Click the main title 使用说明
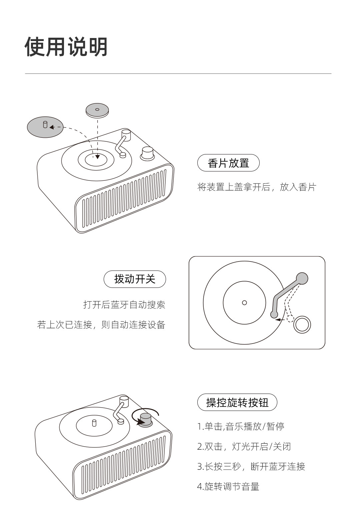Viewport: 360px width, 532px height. click(x=66, y=47)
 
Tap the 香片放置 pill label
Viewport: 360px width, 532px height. click(x=228, y=163)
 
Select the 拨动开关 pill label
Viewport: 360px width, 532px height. click(x=135, y=279)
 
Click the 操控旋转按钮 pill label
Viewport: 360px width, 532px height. click(x=237, y=403)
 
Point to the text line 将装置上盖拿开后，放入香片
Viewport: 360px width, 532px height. click(x=256, y=187)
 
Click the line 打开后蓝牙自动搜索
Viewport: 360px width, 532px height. click(x=124, y=305)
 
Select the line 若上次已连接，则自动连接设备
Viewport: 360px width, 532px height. click(x=101, y=325)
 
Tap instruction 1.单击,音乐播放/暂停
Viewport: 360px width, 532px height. click(x=240, y=426)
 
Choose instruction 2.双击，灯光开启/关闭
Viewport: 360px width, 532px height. click(x=244, y=446)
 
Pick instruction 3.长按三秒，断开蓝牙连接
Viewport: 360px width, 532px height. click(x=251, y=466)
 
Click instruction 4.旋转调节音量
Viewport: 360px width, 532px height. click(x=228, y=487)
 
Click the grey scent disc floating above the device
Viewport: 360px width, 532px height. click(x=97, y=110)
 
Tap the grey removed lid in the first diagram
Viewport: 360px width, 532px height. click(x=45, y=127)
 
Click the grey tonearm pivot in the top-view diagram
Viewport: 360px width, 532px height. click(x=302, y=278)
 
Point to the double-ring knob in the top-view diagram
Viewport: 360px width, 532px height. click(x=302, y=325)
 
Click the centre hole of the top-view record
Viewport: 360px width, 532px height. click(x=244, y=303)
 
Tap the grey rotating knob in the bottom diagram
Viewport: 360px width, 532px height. click(x=145, y=419)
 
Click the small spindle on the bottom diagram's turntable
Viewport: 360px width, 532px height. click(x=94, y=423)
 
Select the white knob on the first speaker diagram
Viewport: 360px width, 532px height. click(x=147, y=153)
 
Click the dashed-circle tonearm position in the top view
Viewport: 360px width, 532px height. click(x=290, y=319)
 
